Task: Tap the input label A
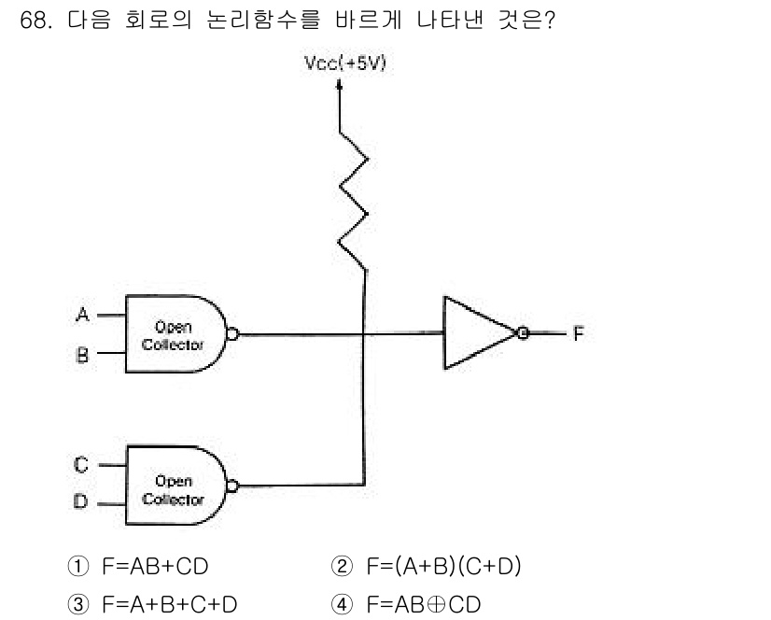click(x=82, y=316)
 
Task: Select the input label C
click(x=81, y=463)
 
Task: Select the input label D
click(x=81, y=502)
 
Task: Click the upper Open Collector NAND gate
click(x=175, y=334)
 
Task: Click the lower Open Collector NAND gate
click(x=175, y=483)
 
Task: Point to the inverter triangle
click(x=474, y=333)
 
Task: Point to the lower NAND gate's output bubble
click(x=231, y=485)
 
